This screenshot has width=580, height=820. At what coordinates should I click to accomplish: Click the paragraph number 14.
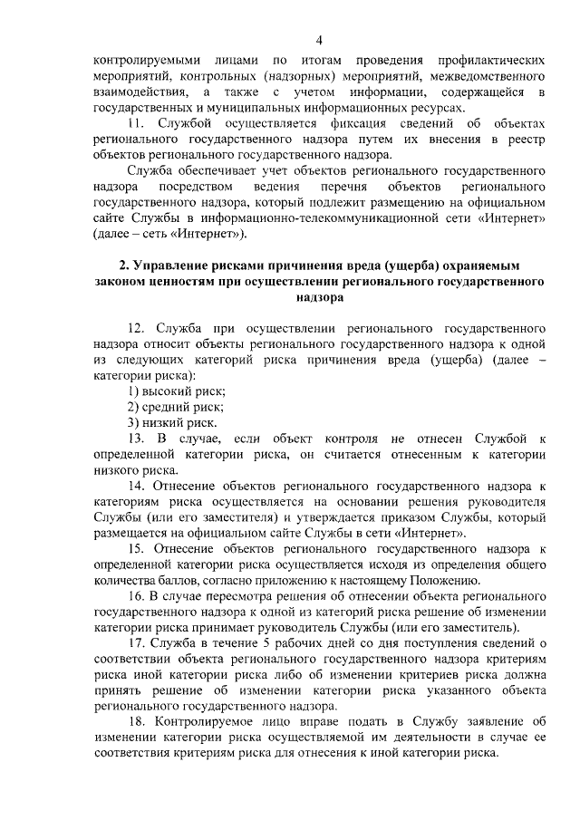[x=136, y=486]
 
